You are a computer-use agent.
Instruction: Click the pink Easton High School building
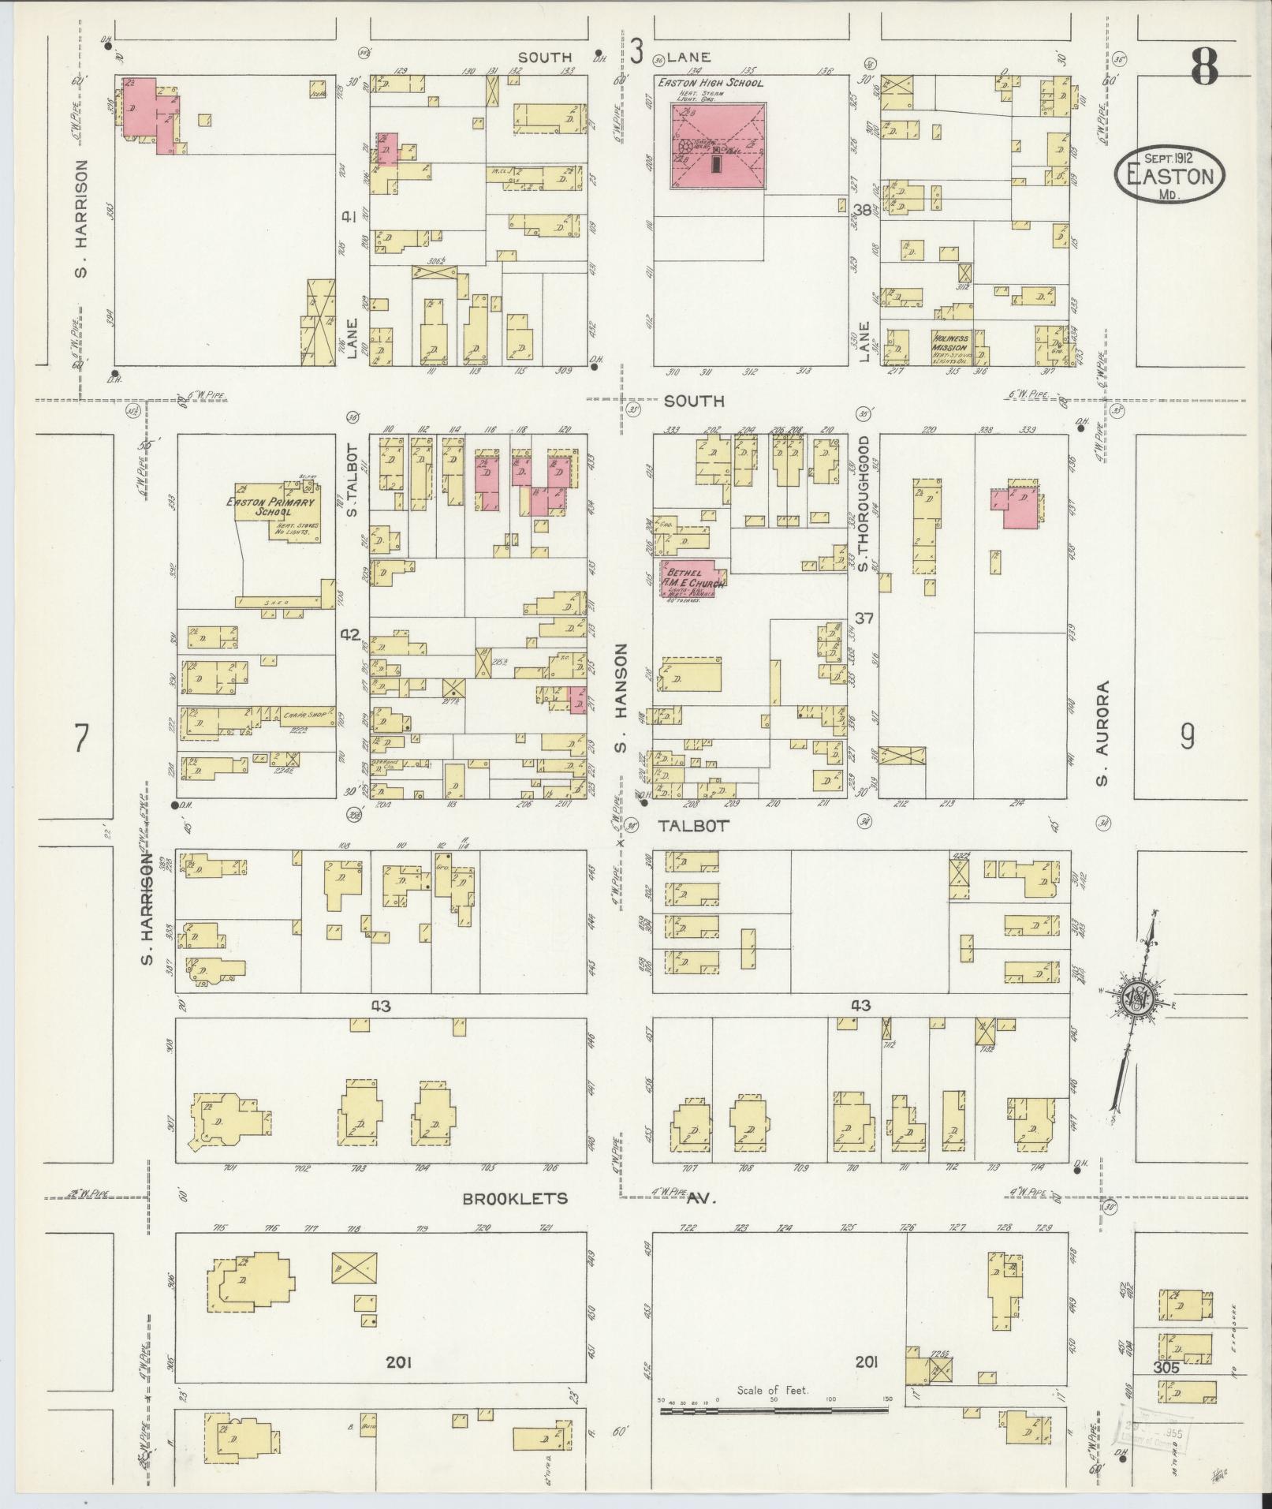coord(718,146)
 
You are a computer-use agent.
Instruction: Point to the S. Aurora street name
coord(1102,734)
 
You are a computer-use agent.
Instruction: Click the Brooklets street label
coord(515,1220)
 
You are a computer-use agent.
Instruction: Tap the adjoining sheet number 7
coord(80,738)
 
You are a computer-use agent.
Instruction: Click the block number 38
coord(864,210)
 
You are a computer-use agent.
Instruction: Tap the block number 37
coord(864,618)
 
